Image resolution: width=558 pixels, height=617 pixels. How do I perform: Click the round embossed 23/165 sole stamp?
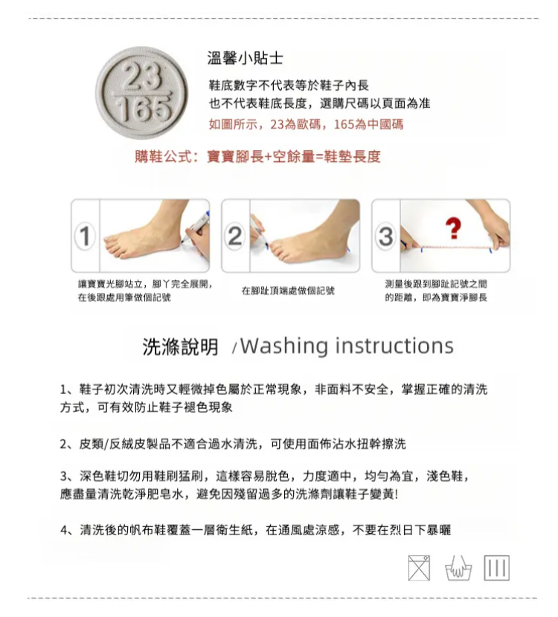click(141, 93)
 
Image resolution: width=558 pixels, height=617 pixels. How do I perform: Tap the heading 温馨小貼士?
click(245, 58)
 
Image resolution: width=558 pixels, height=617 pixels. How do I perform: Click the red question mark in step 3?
click(453, 229)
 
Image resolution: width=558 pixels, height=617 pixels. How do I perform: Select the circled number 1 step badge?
click(85, 236)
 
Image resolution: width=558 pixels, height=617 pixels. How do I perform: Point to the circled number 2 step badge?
click(235, 236)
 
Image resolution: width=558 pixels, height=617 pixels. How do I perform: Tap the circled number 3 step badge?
click(385, 236)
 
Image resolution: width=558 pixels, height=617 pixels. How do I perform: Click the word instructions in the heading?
click(394, 346)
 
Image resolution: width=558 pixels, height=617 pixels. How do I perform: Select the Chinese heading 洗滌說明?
click(180, 346)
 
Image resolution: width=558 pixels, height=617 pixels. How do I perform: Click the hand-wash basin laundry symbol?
click(458, 568)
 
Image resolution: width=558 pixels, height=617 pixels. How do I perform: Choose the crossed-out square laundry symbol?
click(419, 568)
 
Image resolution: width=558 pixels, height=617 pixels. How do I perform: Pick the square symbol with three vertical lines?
click(496, 568)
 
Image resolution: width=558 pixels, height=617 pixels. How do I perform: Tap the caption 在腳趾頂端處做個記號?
click(288, 291)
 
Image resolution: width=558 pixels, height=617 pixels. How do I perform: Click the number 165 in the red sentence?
click(344, 124)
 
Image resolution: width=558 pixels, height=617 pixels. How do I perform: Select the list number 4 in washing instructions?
click(65, 530)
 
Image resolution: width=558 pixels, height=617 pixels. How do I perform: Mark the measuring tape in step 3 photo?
click(456, 248)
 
